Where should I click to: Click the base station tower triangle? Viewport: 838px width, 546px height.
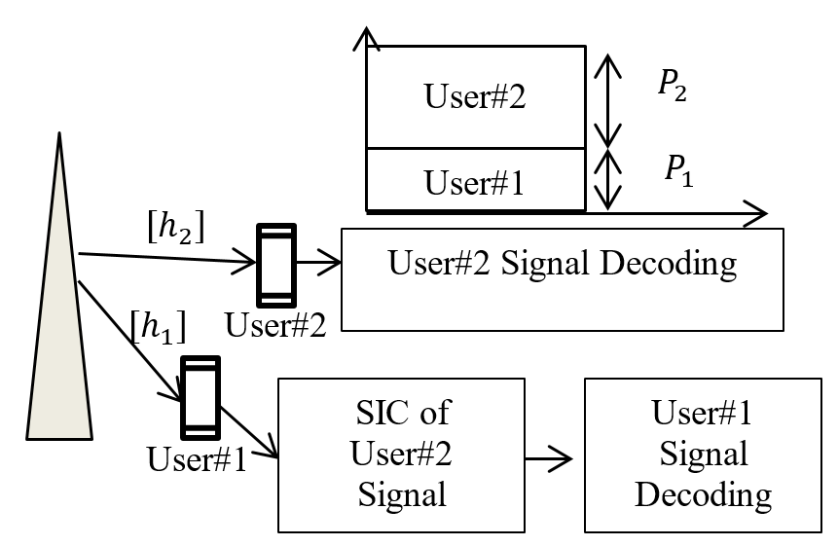[59, 321]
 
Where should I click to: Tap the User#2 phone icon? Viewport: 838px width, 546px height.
[274, 264]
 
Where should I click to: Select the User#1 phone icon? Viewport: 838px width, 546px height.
[200, 397]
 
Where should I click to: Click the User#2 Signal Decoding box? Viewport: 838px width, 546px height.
[562, 279]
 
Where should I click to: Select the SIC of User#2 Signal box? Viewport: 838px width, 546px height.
[402, 454]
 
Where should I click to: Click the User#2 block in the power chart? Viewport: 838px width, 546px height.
[475, 97]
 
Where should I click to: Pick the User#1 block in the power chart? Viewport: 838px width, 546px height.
[475, 179]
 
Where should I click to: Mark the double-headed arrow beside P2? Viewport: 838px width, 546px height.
[607, 98]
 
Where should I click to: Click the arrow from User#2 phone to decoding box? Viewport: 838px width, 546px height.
[318, 262]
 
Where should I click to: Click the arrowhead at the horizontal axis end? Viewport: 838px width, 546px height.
[758, 209]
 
